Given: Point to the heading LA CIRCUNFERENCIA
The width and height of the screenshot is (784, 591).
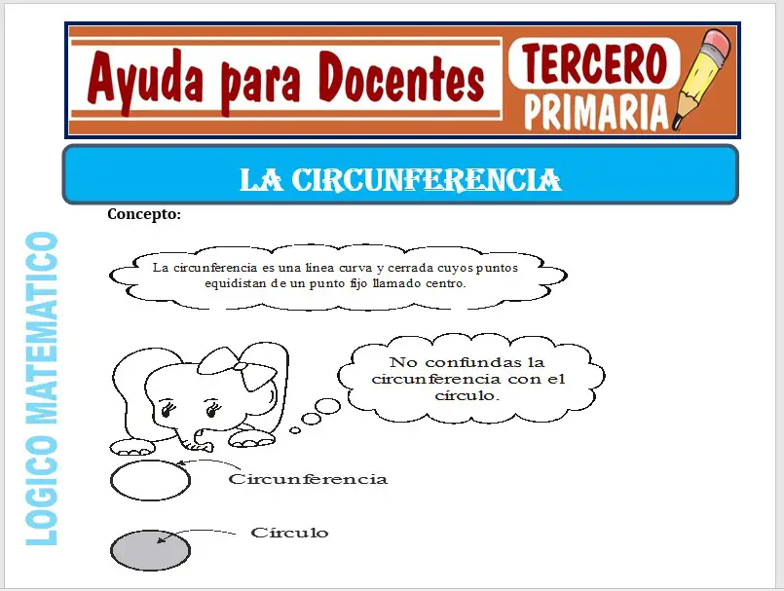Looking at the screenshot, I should click(x=400, y=179).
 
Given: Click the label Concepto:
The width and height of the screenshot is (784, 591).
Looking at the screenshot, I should click(x=144, y=214).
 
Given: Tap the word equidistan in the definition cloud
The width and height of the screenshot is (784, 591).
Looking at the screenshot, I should click(x=237, y=284).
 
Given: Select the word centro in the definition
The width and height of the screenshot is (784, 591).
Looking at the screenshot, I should click(x=446, y=284).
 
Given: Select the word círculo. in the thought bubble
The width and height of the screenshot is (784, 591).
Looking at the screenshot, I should click(x=470, y=396).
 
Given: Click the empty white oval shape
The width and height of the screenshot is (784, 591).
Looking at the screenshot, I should click(x=150, y=480).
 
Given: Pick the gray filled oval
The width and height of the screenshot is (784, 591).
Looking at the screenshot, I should click(x=150, y=550).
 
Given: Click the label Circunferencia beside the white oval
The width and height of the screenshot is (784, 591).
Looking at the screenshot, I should click(x=308, y=479).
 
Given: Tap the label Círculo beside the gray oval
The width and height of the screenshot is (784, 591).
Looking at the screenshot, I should click(x=289, y=533).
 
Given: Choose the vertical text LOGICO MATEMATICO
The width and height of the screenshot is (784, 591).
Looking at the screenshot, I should click(x=40, y=388).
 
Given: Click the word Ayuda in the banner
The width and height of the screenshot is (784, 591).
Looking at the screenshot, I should click(x=142, y=81).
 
